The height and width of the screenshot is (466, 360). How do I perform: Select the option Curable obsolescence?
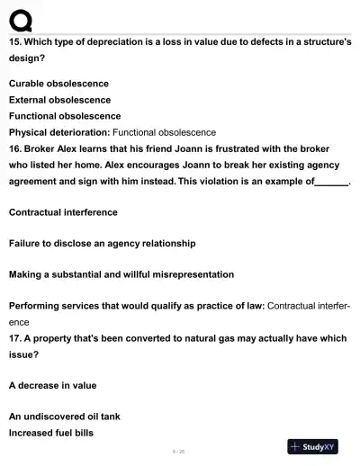click(x=58, y=84)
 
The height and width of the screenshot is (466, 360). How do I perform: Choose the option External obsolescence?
click(x=59, y=100)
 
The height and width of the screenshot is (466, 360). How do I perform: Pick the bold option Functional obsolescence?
click(x=65, y=116)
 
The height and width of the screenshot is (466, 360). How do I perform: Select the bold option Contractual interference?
click(x=63, y=212)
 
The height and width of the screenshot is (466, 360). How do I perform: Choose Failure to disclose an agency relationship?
click(x=102, y=243)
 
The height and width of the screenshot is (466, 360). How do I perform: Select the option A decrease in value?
click(x=52, y=385)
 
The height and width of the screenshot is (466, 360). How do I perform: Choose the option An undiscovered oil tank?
click(x=64, y=417)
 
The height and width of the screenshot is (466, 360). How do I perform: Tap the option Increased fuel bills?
click(x=51, y=433)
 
